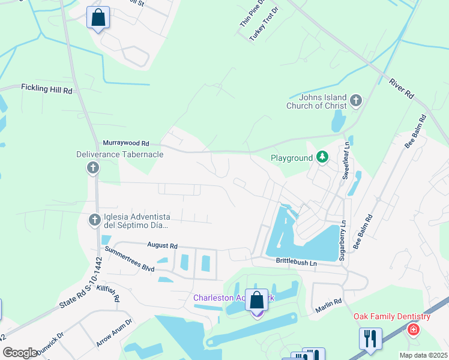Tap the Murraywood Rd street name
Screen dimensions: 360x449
point(125,143)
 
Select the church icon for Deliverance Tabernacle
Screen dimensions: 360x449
point(93,168)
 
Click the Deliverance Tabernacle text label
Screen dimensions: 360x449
point(119,155)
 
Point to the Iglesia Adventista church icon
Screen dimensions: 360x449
point(94,221)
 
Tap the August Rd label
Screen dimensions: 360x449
point(163,246)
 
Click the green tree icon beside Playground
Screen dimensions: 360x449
point(323,158)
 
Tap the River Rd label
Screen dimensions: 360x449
point(402,88)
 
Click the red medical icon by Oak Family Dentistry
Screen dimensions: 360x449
point(413,329)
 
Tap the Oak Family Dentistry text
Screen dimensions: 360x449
point(391,317)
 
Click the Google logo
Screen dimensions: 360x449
point(20,353)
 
